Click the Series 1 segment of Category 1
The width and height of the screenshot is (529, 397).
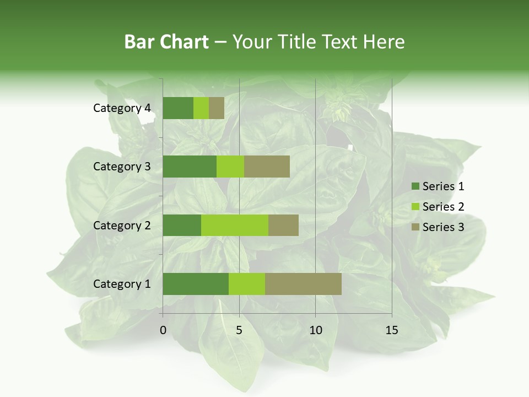196,284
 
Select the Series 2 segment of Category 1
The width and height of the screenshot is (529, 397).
247,284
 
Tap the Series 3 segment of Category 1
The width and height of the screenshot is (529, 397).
303,284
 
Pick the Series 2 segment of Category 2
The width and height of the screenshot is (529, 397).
235,225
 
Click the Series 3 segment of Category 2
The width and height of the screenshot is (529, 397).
283,225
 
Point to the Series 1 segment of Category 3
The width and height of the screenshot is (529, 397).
190,167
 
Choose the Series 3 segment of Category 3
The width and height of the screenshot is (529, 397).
267,167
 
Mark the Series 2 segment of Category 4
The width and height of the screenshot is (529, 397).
201,108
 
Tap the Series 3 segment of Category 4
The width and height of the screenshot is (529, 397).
217,108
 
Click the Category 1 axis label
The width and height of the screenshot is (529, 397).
122,284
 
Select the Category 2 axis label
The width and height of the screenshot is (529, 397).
122,225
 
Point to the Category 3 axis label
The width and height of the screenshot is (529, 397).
122,167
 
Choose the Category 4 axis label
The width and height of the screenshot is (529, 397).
122,108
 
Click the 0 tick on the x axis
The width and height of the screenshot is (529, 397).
163,330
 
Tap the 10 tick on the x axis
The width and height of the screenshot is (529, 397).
315,330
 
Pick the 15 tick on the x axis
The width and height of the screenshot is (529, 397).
391,330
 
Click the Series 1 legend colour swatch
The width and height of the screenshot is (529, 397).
415,186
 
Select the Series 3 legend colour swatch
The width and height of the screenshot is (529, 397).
415,227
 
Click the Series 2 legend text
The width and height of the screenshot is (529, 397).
443,207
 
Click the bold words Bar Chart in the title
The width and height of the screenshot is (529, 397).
166,42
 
